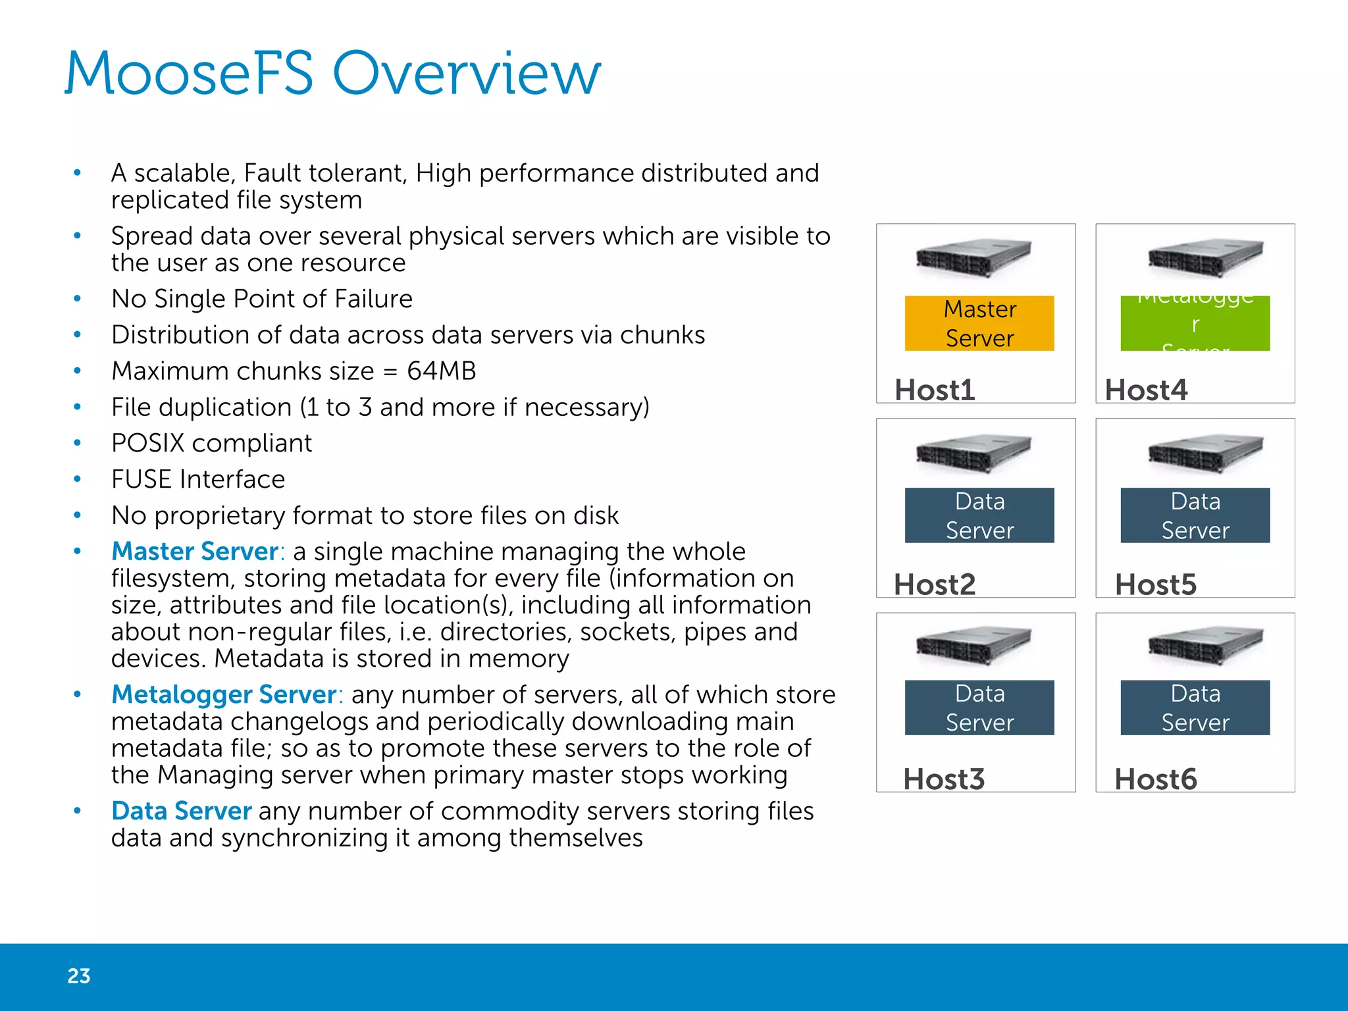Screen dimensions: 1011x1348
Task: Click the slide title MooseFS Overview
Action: pyautogui.click(x=332, y=74)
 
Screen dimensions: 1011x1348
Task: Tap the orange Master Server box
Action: pyautogui.click(x=979, y=323)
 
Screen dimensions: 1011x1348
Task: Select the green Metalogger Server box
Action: pyautogui.click(x=1195, y=323)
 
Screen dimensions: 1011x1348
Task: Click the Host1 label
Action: pyautogui.click(x=935, y=390)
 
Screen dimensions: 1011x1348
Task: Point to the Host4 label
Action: pyautogui.click(x=1146, y=390)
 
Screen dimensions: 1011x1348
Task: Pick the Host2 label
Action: pyautogui.click(x=935, y=584)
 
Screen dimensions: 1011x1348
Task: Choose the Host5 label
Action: pyautogui.click(x=1155, y=584)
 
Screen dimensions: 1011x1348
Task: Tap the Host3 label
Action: pyautogui.click(x=944, y=779)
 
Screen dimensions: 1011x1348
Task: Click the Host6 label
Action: pyautogui.click(x=1155, y=779)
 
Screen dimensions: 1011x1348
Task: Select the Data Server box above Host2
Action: pyautogui.click(x=979, y=515)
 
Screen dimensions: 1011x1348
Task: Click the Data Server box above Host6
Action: pyautogui.click(x=1195, y=708)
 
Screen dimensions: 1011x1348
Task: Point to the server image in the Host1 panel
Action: pyautogui.click(x=973, y=258)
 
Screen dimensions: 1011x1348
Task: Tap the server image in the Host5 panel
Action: pyautogui.click(x=1205, y=454)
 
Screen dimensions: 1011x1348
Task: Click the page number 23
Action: pyautogui.click(x=79, y=975)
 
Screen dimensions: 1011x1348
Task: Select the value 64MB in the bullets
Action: pyautogui.click(x=441, y=371)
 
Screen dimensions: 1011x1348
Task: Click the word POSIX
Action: pyautogui.click(x=148, y=444)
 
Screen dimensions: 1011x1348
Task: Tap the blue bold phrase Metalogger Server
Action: pyautogui.click(x=224, y=695)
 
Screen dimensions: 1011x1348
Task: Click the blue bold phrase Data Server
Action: pyautogui.click(x=181, y=812)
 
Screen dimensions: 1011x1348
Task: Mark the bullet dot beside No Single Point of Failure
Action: pyautogui.click(x=78, y=299)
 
